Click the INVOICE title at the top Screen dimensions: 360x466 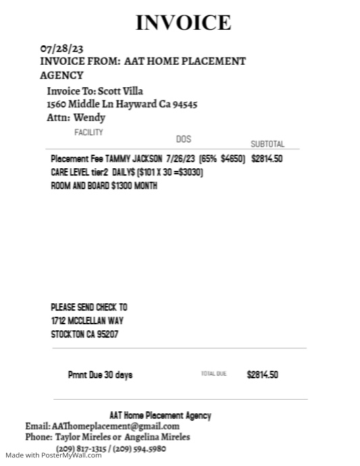click(183, 22)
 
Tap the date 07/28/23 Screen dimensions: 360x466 click(62, 49)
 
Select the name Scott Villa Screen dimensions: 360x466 click(120, 91)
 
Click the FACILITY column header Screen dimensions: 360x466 click(88, 132)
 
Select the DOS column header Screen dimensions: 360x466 click(183, 139)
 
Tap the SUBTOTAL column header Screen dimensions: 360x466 click(267, 144)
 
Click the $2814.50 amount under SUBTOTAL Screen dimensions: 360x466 click(267, 159)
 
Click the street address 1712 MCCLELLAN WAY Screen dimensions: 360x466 click(87, 321)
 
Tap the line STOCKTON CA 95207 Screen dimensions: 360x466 click(84, 334)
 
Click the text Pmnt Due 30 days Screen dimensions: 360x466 click(100, 375)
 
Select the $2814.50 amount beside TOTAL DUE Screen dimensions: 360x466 click(262, 375)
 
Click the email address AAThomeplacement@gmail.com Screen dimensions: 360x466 click(115, 426)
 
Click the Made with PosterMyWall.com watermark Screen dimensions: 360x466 click(51, 455)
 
